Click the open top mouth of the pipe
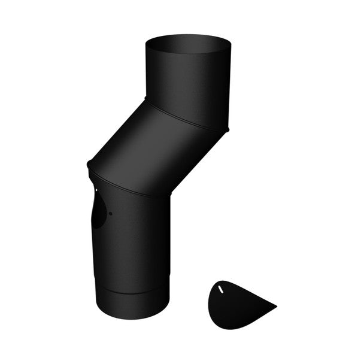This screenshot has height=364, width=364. tap(188, 44)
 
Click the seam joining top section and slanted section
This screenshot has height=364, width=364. tap(186, 117)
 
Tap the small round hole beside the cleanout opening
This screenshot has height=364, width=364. tap(111, 213)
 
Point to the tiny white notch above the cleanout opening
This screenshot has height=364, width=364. tap(96, 190)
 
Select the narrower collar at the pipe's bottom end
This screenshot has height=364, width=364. tap(131, 302)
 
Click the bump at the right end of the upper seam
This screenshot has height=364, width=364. tap(227, 130)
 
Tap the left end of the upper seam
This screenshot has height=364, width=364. tap(146, 99)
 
